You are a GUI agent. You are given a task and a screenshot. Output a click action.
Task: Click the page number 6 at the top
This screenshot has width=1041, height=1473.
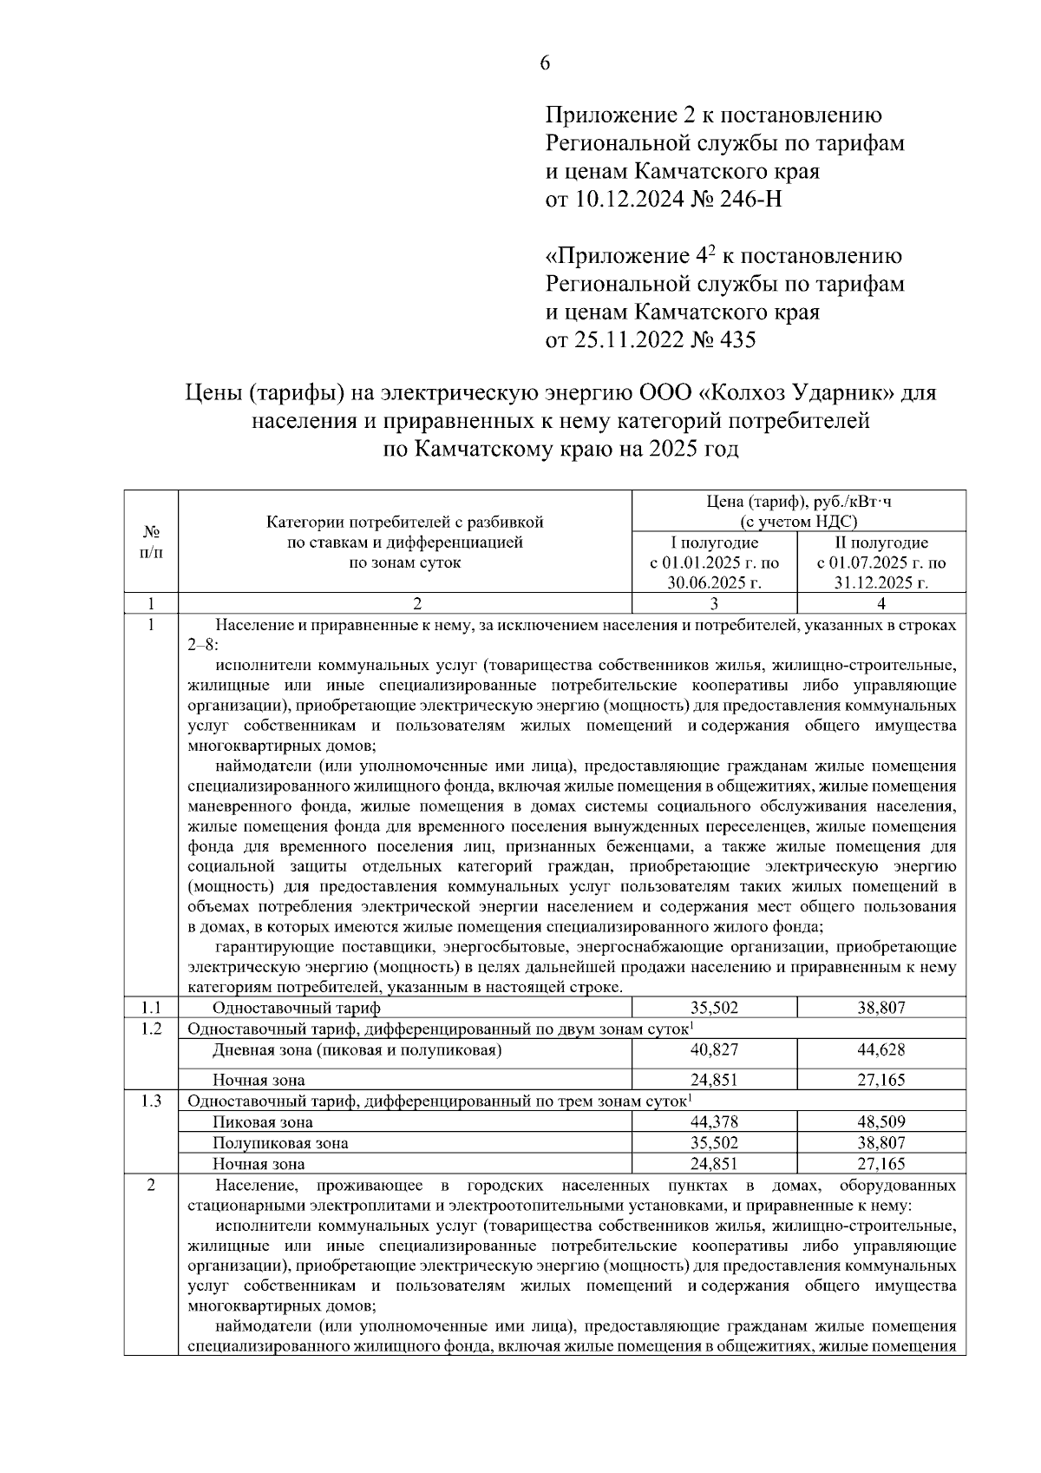(x=546, y=63)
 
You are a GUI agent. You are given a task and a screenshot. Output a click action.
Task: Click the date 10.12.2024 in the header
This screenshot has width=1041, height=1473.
(x=625, y=200)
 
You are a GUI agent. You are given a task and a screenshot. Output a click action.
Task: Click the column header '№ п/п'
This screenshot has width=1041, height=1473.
(x=151, y=542)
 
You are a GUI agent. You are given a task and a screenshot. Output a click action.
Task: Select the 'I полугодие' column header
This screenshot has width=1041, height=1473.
(x=714, y=543)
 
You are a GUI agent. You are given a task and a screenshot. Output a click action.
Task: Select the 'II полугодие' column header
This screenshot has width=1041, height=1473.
(x=881, y=543)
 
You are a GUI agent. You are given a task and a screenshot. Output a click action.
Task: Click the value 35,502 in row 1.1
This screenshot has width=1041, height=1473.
(x=714, y=1008)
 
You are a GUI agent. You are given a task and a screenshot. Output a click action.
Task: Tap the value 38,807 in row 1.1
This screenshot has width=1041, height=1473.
(x=881, y=1008)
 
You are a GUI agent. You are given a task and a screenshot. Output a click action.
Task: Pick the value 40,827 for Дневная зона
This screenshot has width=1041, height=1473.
(x=714, y=1049)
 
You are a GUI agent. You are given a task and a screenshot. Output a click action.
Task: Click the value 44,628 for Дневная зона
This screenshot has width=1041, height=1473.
(x=881, y=1049)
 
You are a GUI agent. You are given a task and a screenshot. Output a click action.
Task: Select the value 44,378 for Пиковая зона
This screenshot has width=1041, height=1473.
(x=714, y=1121)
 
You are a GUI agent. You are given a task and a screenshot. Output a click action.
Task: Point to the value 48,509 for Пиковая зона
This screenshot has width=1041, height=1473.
(x=881, y=1121)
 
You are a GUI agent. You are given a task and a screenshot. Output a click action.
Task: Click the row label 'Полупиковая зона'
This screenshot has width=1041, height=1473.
(x=280, y=1143)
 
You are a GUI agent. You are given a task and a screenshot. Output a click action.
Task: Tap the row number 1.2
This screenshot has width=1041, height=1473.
(x=151, y=1029)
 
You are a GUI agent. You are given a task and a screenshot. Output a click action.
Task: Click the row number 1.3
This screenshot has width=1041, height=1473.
(x=151, y=1101)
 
